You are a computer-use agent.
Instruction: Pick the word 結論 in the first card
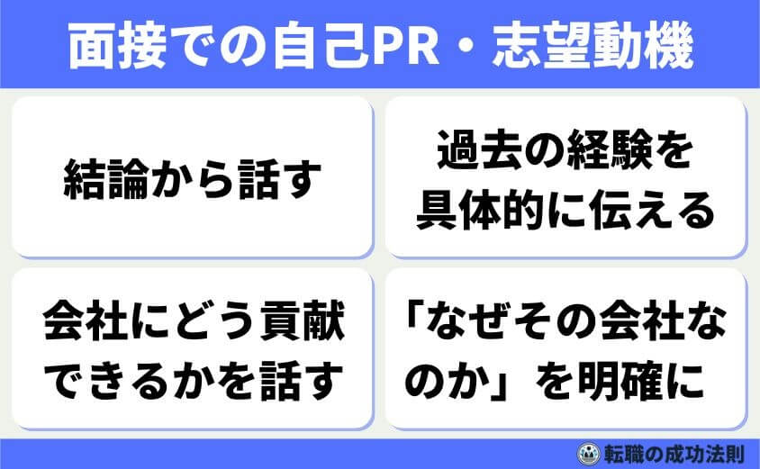(96, 178)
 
